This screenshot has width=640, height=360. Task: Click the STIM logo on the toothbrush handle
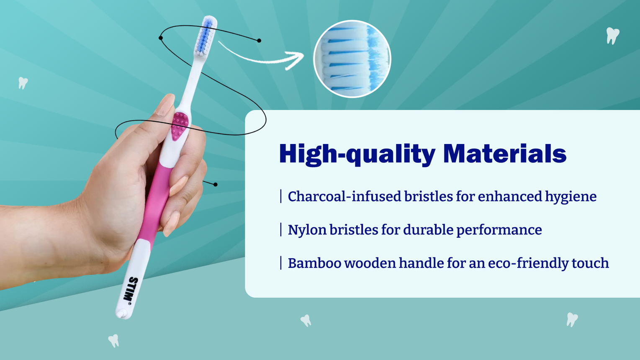pos(131,289)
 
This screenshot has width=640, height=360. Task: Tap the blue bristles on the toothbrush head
pos(206,36)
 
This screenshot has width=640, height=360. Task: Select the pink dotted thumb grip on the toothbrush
pos(180,126)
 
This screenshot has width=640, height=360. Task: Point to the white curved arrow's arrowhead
pos(295,60)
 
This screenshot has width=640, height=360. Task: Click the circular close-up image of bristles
pos(352,59)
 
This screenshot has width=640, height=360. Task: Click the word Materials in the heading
pos(504,154)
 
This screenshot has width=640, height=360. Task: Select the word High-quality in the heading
pos(357,154)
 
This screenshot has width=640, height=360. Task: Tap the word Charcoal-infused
pos(344,197)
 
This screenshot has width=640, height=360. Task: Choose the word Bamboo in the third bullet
pos(314,263)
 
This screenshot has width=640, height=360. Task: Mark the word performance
pos(499,230)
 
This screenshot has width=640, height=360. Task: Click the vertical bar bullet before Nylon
pos(281,230)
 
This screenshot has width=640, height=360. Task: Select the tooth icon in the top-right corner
pos(612,36)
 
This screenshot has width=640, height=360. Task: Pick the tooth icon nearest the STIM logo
pos(114,341)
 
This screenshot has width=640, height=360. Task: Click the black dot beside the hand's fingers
pos(216,185)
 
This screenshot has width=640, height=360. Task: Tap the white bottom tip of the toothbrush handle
pos(122,314)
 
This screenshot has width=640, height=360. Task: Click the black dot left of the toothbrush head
pos(161,38)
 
